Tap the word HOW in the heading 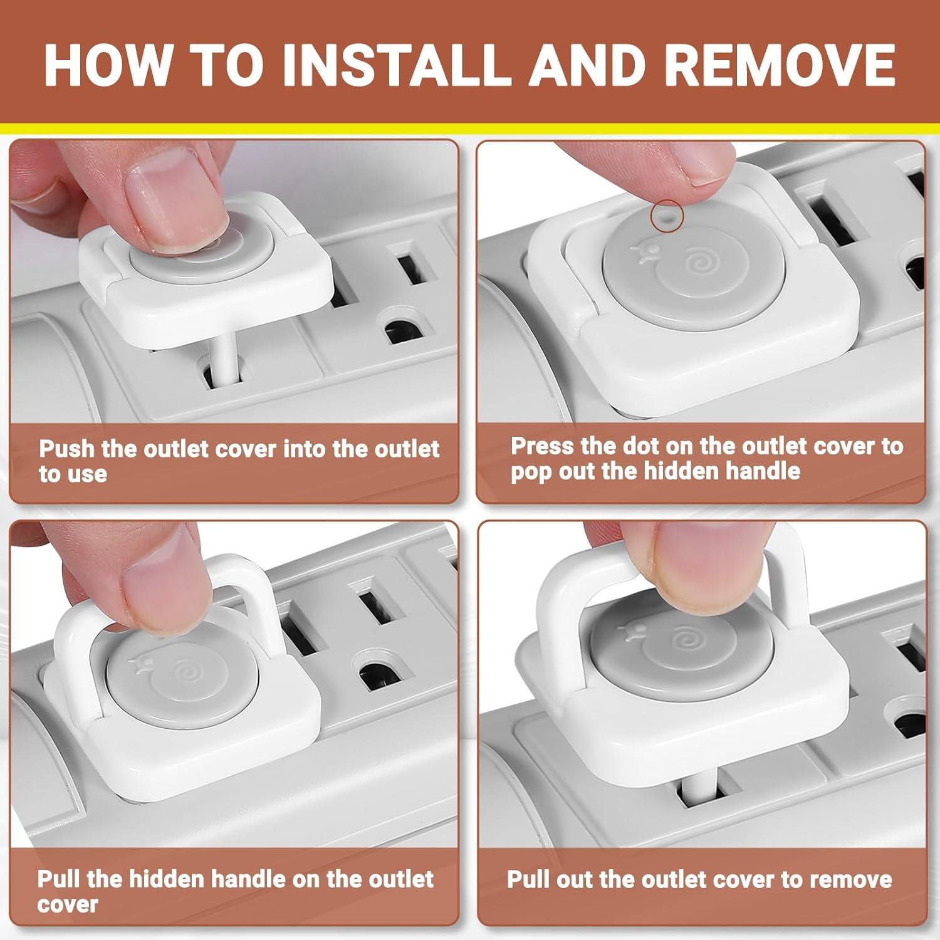(108, 64)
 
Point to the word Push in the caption (66, 449)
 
